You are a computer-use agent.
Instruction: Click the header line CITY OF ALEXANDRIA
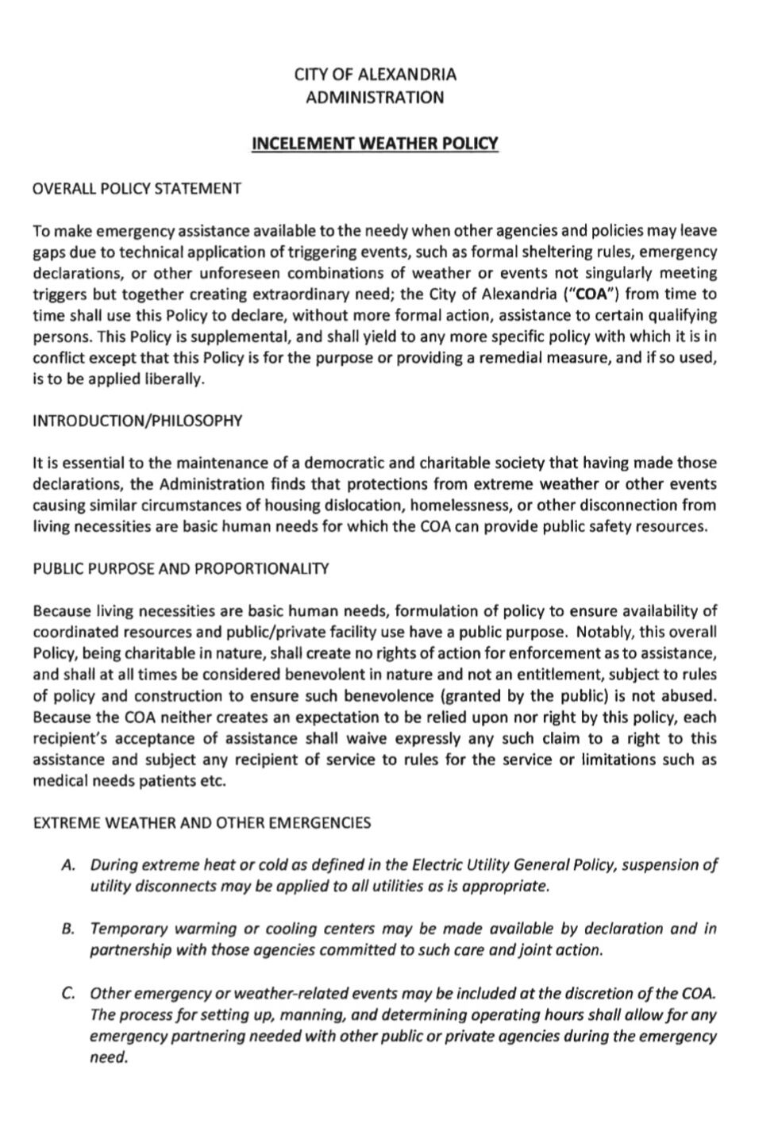[376, 75]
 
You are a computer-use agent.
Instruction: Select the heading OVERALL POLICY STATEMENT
[137, 189]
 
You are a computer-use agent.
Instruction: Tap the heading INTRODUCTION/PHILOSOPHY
[137, 421]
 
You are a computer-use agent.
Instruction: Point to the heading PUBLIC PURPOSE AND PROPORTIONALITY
[181, 569]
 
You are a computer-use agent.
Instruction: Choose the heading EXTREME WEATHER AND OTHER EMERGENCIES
[202, 823]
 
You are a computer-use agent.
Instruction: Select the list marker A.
[68, 865]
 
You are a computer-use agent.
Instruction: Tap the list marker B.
[68, 929]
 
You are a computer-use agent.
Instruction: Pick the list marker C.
[68, 994]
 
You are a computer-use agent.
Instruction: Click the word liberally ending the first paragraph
[174, 379]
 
